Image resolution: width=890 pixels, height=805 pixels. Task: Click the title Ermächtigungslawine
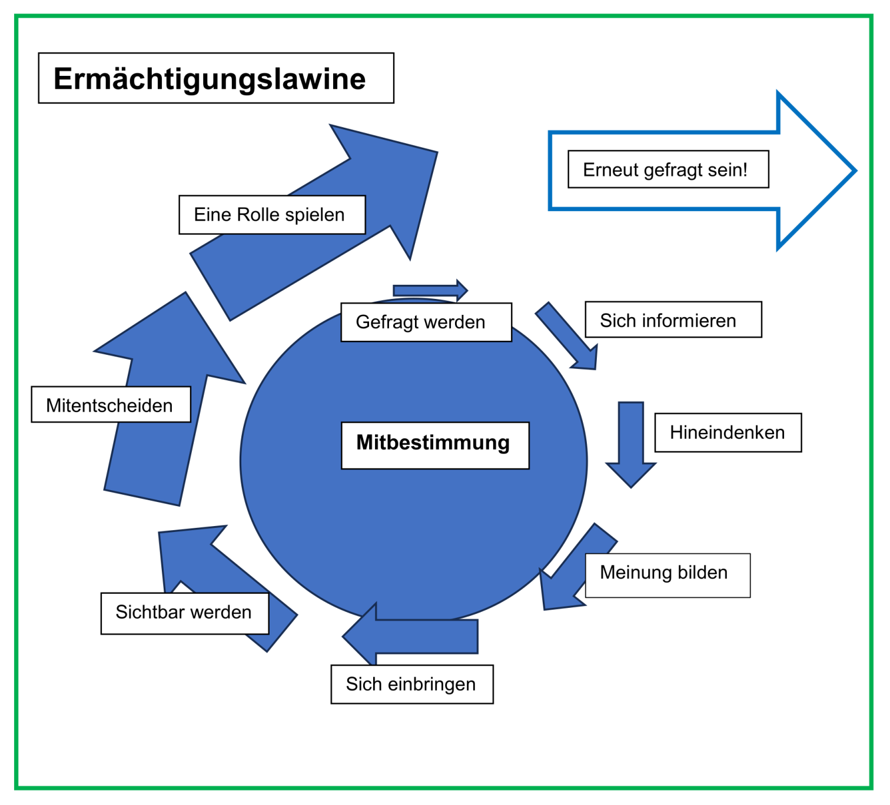(x=210, y=79)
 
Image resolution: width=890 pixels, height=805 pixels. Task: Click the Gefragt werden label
(x=420, y=322)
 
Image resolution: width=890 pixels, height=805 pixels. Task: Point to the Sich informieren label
(x=668, y=320)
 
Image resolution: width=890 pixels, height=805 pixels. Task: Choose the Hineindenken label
(x=727, y=433)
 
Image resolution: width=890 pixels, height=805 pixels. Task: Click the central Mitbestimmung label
(x=433, y=443)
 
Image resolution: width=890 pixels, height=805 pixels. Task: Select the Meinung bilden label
(x=664, y=573)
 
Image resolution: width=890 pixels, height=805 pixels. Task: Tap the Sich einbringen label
(x=411, y=684)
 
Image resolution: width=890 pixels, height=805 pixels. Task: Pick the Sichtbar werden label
(x=184, y=612)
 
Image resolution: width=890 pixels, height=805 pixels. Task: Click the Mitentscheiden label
(x=109, y=405)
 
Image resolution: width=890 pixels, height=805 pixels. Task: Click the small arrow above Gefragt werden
(x=430, y=290)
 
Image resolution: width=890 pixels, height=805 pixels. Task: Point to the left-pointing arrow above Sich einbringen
(x=412, y=636)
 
